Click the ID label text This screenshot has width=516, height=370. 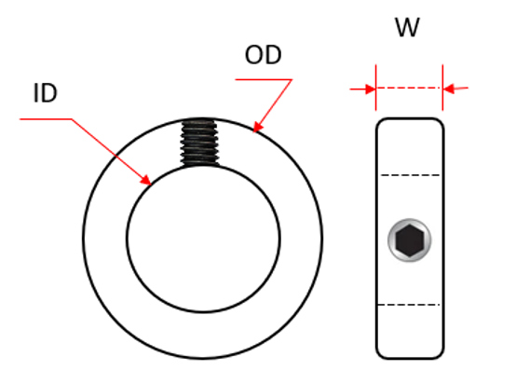46,95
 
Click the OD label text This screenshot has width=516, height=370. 263,55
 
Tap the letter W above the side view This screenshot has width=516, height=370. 407,28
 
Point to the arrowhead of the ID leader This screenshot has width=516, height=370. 147,180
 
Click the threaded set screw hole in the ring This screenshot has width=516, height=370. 198,143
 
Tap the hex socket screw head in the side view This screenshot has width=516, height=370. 409,241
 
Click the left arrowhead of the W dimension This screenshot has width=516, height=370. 370,89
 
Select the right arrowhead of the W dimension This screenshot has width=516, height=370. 448,89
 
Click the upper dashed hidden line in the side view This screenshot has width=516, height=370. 409,175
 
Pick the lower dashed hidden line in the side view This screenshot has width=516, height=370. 409,305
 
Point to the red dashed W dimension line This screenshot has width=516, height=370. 409,89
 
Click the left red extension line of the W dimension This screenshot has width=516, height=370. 375,78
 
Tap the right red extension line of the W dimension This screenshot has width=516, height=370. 442,78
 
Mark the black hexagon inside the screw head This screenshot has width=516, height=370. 409,241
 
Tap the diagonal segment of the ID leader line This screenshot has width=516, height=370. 107,147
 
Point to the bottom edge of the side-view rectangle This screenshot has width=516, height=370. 409,358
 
